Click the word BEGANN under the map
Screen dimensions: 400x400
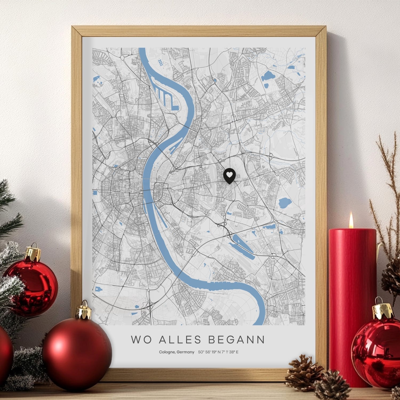pyautogui.click(x=236, y=340)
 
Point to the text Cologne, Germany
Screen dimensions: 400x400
pyautogui.click(x=177, y=352)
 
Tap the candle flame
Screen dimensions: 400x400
pyautogui.click(x=351, y=221)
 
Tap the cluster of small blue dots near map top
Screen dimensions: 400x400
pyautogui.click(x=160, y=63)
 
